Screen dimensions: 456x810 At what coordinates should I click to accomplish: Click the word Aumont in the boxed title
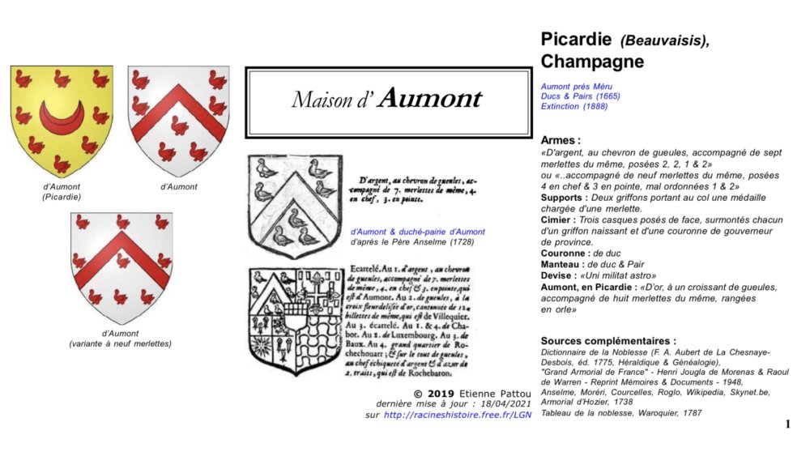pos(430,99)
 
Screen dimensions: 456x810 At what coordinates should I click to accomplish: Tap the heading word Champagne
pos(592,62)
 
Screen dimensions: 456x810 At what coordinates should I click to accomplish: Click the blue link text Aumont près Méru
pos(577,85)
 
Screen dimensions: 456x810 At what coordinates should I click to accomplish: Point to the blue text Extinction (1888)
pos(576,106)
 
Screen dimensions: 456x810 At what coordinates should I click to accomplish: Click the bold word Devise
pos(560,275)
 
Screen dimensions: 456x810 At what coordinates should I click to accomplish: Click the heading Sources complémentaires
pos(608,341)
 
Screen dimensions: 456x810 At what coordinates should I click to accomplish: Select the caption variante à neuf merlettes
pos(121,343)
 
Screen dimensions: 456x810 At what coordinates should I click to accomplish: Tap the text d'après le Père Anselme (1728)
pos(411,241)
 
